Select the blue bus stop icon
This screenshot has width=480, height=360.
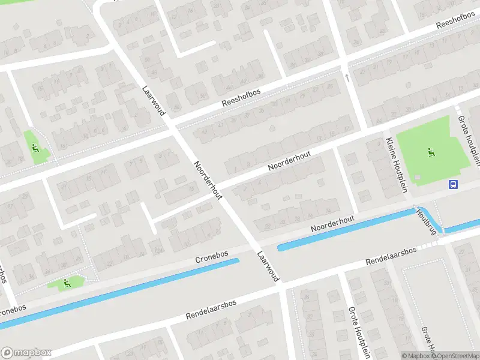[454, 184]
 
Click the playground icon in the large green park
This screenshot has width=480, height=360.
[430, 152]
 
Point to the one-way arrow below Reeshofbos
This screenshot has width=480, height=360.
[346, 77]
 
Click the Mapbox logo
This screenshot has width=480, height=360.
[26, 353]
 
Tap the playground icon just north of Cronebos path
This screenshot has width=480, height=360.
[67, 283]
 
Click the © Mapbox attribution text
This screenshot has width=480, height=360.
[415, 356]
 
